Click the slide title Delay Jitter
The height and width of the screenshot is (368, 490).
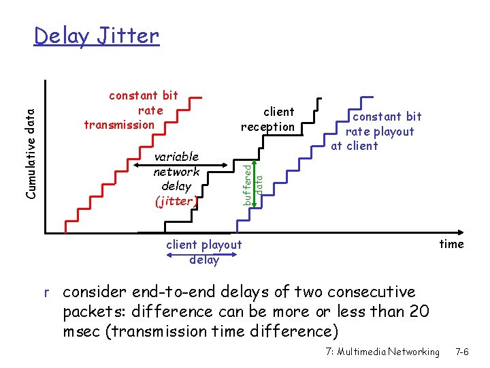pyautogui.click(x=96, y=35)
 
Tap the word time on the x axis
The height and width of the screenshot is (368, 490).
pyautogui.click(x=451, y=244)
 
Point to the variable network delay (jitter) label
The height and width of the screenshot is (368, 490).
pyautogui.click(x=176, y=179)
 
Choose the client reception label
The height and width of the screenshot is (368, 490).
pyautogui.click(x=269, y=119)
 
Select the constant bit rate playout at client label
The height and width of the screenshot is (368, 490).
pyautogui.click(x=378, y=131)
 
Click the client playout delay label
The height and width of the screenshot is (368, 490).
pyautogui.click(x=203, y=252)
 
